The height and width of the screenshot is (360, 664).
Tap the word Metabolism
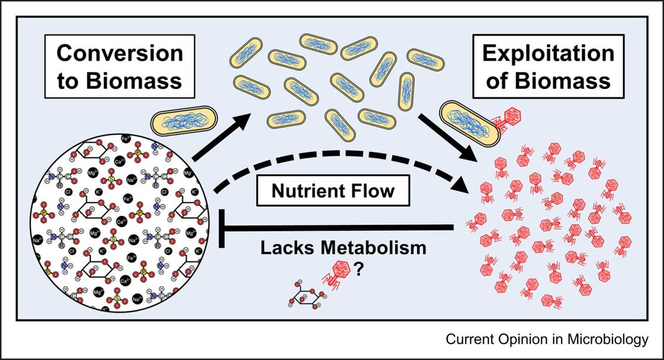click(375, 248)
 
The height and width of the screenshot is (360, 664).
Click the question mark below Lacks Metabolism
click(359, 272)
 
